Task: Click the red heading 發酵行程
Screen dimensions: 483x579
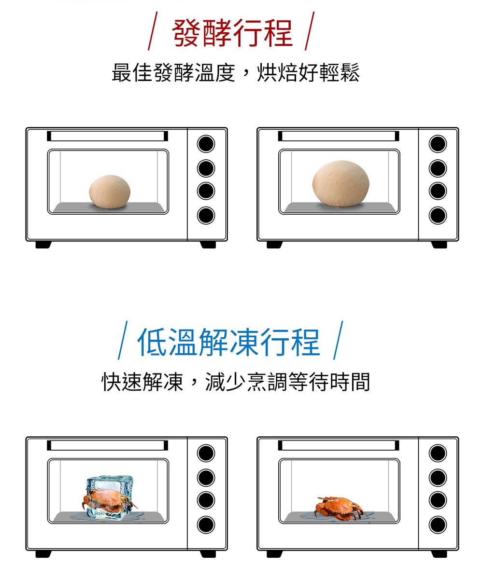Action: click(x=232, y=33)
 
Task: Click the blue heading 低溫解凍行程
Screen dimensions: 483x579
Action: click(x=229, y=342)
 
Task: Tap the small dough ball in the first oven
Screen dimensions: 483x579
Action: click(x=110, y=192)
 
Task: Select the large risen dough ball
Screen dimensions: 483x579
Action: click(x=341, y=183)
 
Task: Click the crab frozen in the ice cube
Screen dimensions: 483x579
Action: click(x=109, y=500)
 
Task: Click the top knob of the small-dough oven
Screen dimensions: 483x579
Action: click(x=206, y=144)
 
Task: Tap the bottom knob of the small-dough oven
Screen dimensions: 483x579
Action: click(x=206, y=215)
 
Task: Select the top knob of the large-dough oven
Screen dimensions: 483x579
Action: click(x=438, y=144)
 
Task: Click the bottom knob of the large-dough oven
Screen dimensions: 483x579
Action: click(x=438, y=215)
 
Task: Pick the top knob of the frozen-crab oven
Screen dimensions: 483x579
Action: click(x=206, y=453)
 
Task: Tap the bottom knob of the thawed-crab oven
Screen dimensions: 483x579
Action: click(x=438, y=524)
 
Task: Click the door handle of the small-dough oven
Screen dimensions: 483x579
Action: click(x=107, y=136)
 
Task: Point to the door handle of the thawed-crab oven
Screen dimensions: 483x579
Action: click(x=339, y=445)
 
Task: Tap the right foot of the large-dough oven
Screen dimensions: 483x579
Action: click(x=439, y=245)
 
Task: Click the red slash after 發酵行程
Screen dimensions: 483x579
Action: click(x=310, y=31)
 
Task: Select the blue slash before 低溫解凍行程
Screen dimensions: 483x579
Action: click(x=123, y=340)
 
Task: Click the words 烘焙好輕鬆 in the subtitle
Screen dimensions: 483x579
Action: click(x=308, y=73)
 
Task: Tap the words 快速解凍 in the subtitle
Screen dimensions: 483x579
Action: click(x=142, y=382)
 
